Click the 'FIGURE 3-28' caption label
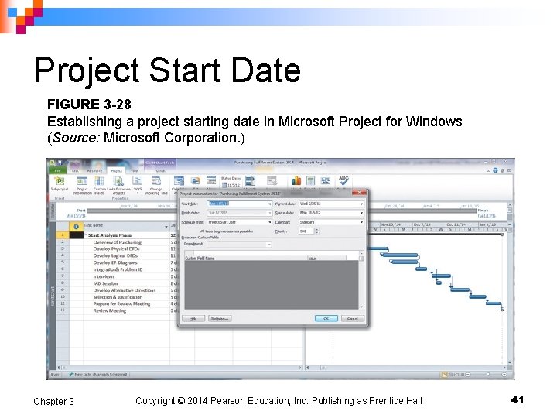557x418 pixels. (84, 104)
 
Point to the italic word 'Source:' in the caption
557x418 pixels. (74, 138)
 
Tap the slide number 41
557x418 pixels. (518, 399)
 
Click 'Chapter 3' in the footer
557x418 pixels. (53, 401)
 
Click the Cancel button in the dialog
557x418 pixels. (352, 318)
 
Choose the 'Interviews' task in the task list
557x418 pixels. (104, 276)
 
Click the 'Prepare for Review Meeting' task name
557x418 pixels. (121, 304)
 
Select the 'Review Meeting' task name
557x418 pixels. (110, 311)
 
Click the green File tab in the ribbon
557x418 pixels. (55, 170)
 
